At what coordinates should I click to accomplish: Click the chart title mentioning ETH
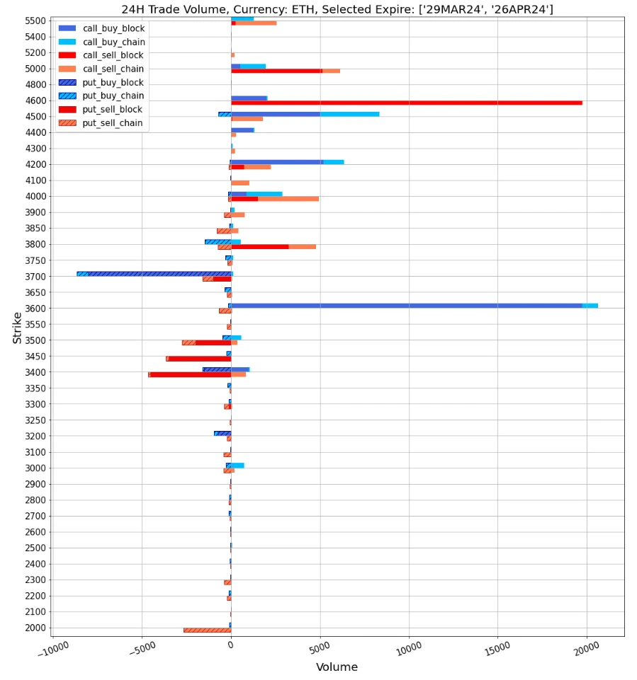337,9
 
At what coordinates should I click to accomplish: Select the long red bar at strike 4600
406,103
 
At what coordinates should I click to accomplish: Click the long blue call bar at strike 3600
406,306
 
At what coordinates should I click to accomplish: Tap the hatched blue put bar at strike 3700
159,273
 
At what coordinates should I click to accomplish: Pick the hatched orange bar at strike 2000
207,630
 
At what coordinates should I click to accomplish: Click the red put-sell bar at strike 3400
190,374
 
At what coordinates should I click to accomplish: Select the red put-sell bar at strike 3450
199,359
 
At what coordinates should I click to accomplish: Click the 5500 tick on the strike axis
35,21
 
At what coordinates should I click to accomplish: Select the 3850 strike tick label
35,229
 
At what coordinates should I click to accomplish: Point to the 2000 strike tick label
35,628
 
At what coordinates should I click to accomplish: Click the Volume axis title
337,667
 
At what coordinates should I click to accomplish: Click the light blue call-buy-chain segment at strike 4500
349,114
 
